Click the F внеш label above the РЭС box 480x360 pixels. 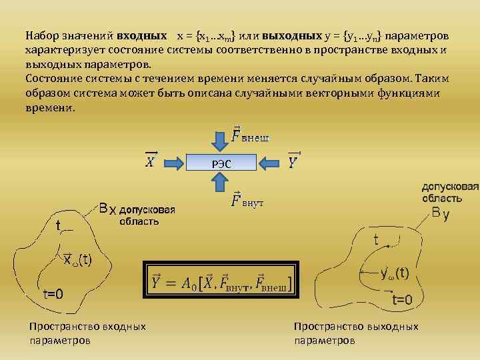(249, 137)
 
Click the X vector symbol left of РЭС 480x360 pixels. (151, 161)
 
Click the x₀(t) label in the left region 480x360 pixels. (77, 259)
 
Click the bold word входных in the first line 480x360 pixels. (141, 34)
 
